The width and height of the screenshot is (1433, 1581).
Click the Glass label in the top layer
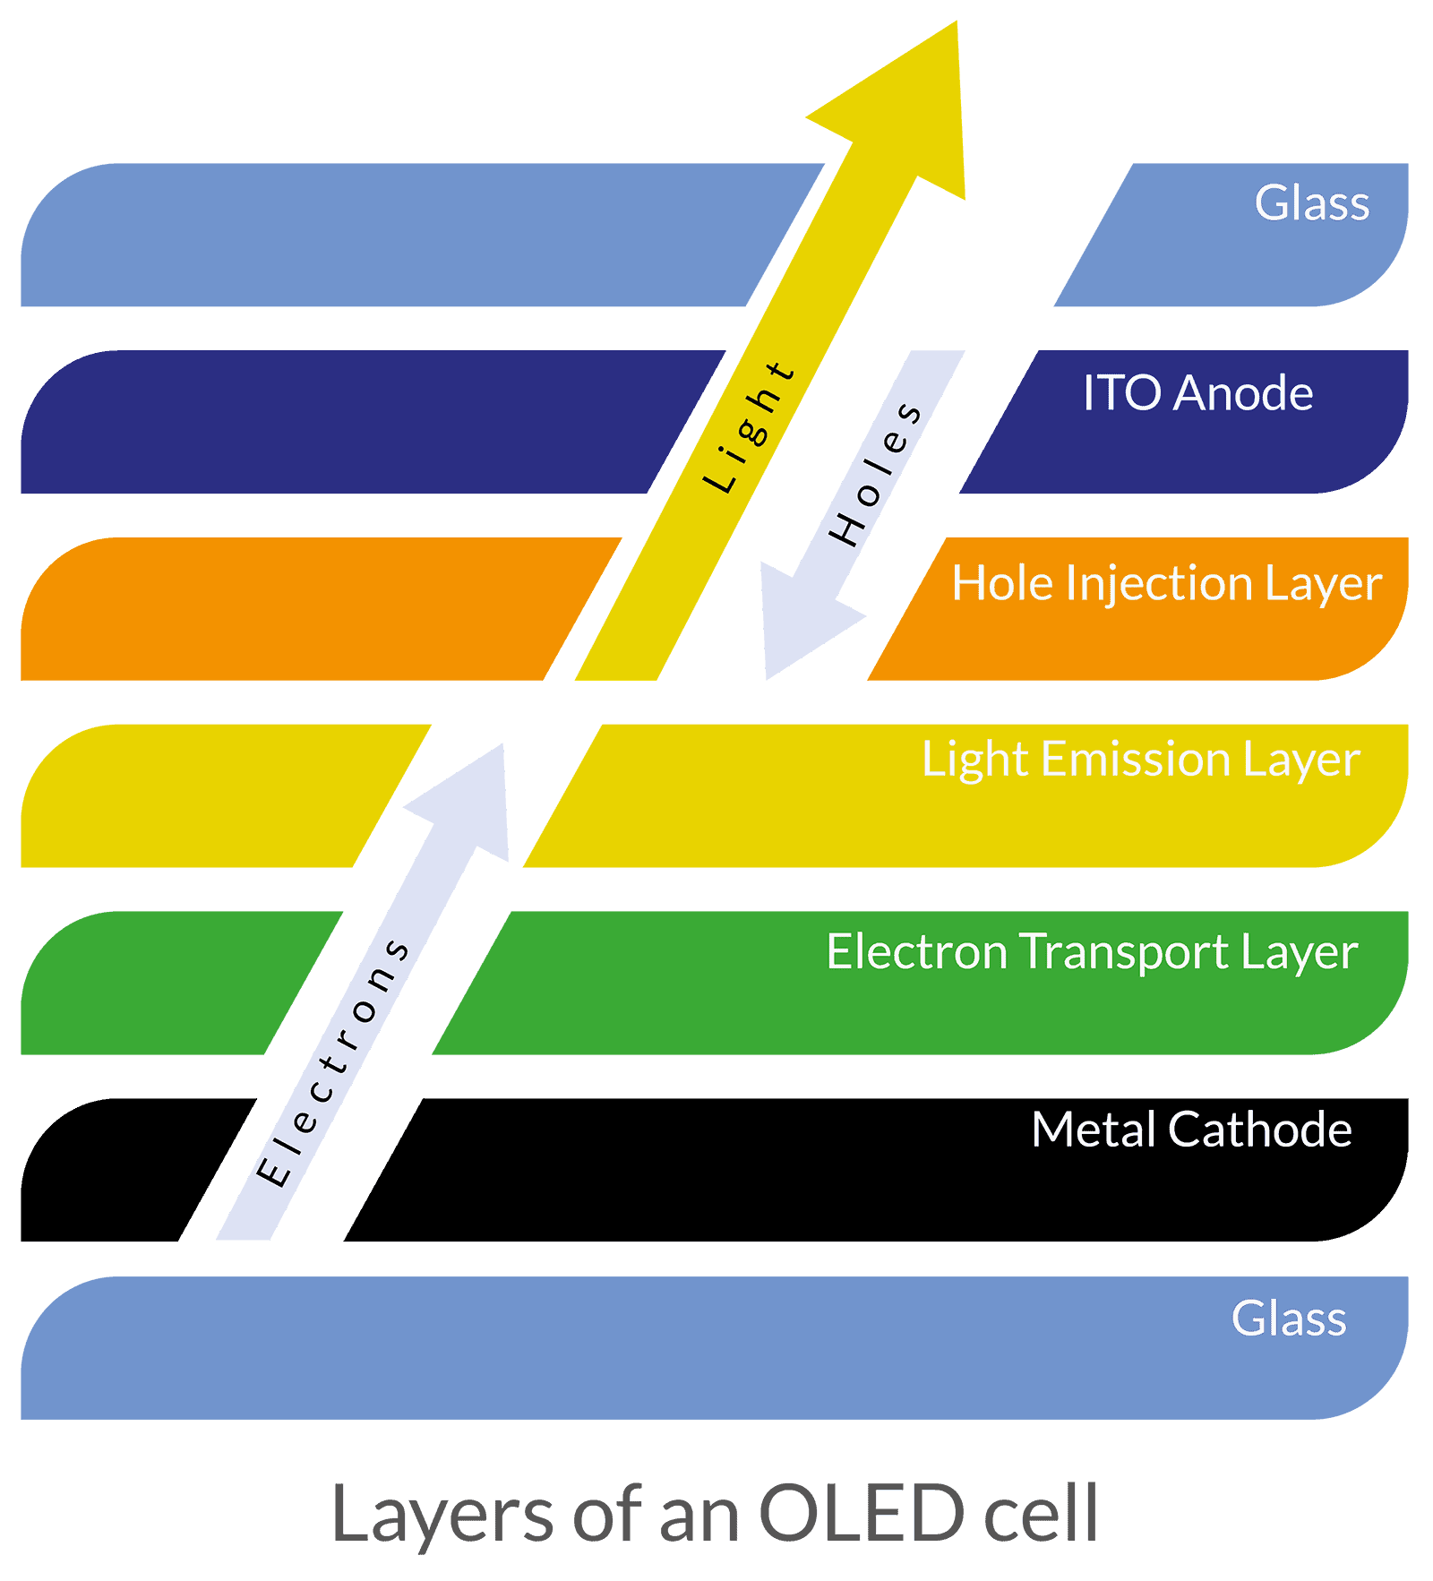1311,203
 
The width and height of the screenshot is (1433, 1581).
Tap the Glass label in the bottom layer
1288,1319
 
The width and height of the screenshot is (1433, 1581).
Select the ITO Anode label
1197,393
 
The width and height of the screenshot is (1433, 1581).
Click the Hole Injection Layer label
1166,584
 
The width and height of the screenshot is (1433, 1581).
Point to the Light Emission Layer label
1140,760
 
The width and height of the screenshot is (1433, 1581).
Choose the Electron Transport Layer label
1091,951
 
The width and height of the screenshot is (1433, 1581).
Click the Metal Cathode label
1190,1130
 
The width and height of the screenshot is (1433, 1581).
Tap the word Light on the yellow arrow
749,427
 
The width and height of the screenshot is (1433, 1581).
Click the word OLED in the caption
861,1513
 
